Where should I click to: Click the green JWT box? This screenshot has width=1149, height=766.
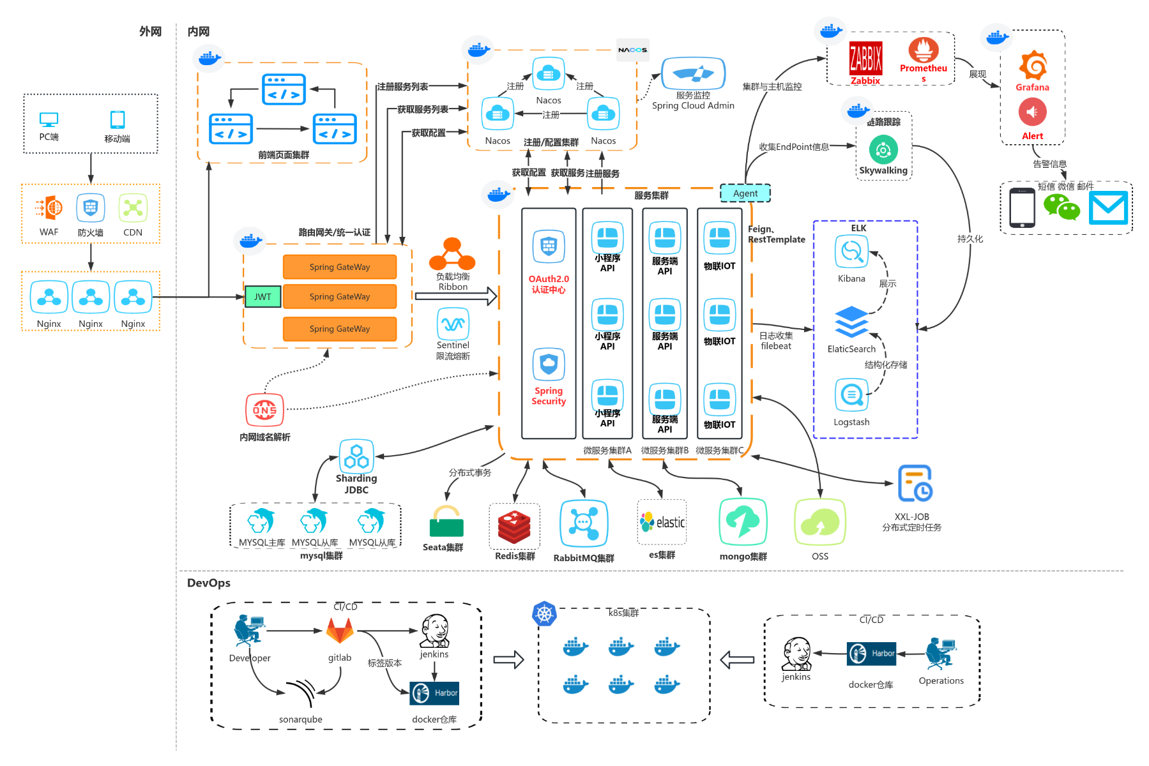coord(263,297)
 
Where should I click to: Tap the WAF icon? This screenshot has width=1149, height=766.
coord(49,208)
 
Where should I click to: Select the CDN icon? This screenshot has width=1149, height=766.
coord(133,208)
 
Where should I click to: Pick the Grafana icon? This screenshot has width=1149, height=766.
coord(1032,66)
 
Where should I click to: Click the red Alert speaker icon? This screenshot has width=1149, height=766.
coord(1032,113)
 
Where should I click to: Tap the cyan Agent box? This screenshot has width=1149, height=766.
coord(745,193)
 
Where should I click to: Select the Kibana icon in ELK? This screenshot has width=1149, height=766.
coord(851,252)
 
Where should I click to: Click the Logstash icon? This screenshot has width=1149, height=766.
coord(851,395)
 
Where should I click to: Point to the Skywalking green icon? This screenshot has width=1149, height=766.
coord(883,151)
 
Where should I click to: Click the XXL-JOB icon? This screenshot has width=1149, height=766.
coord(915,484)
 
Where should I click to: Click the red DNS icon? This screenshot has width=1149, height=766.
coord(264,410)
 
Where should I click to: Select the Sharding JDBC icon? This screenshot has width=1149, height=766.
coord(356,456)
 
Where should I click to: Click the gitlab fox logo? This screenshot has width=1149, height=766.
coord(340,631)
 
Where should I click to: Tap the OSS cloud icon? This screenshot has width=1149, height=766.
coord(820,523)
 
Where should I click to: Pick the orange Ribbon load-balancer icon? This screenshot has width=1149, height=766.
coord(452,255)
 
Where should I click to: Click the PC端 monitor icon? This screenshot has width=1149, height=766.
coord(49,119)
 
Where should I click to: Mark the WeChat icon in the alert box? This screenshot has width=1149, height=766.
coord(1061,207)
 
